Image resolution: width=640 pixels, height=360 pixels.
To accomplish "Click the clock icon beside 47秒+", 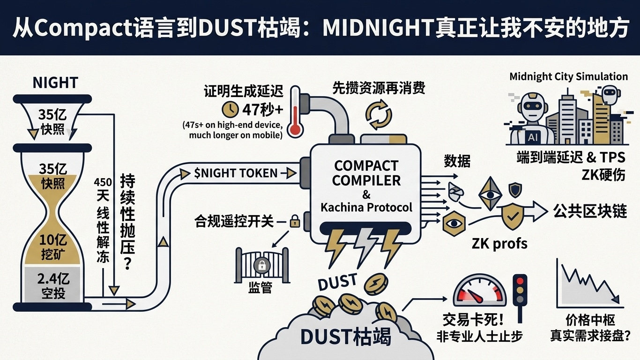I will [x=230, y=109].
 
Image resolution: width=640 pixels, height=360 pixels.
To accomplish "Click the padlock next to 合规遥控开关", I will [x=295, y=220].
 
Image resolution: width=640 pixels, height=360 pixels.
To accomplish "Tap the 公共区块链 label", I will [x=590, y=211].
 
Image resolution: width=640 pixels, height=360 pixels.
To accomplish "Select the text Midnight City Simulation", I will [x=568, y=76].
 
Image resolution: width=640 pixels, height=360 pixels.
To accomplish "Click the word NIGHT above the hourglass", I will [x=55, y=83].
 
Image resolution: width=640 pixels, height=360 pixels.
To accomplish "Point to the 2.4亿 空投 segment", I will [x=52, y=286].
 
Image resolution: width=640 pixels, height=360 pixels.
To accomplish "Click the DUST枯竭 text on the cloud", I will [x=345, y=337].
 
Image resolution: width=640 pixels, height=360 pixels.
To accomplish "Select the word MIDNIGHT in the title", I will [x=378, y=29].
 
